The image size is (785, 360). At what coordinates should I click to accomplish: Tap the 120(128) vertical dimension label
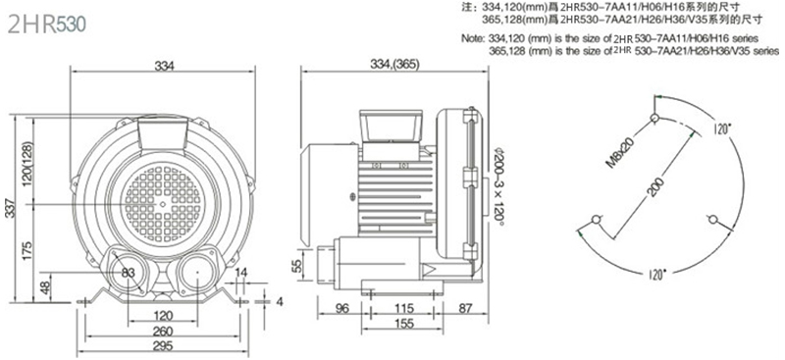tap(28, 162)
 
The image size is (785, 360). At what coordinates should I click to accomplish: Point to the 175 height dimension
tap(28, 250)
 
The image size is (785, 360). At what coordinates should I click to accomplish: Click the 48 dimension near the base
tap(45, 287)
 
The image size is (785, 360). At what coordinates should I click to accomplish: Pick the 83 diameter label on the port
tap(129, 273)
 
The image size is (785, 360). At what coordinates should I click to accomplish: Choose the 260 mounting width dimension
tap(163, 331)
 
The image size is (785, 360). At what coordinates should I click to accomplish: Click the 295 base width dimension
tap(163, 346)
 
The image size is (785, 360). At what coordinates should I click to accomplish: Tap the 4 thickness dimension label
tap(280, 301)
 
